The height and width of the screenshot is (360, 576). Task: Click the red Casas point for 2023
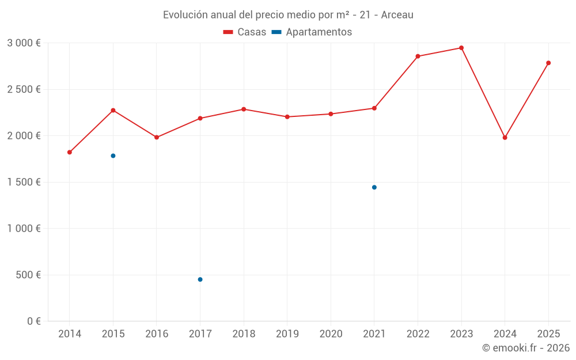coord(461,48)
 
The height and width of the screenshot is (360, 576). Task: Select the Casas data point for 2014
coord(70,152)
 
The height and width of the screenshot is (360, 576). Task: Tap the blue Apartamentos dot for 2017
coord(200,279)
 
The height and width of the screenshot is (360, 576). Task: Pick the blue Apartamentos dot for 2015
coord(113,156)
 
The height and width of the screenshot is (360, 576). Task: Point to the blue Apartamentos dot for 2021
coord(374,187)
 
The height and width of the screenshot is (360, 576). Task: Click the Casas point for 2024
coord(505,138)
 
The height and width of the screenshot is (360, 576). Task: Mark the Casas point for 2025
coord(548,63)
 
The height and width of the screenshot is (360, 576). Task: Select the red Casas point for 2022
coord(418,56)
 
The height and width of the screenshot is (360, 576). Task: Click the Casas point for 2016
coord(157,137)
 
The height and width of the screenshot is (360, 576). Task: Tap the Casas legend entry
coord(245,32)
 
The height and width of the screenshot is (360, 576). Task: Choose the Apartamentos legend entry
coord(312,32)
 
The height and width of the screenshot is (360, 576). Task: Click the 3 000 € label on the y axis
coord(24,43)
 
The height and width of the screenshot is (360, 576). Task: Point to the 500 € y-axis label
coord(29,275)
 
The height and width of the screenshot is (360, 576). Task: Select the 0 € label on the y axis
coord(33,321)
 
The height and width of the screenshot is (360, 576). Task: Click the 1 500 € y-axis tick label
coord(24,182)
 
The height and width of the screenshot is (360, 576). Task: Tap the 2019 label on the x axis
coord(287,334)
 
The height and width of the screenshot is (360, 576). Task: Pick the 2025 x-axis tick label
coord(548,334)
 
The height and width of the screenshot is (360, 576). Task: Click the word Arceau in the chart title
coord(397,15)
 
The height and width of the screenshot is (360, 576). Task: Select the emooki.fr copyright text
coord(525,348)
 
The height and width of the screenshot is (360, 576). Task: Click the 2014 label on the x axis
coord(70,334)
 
